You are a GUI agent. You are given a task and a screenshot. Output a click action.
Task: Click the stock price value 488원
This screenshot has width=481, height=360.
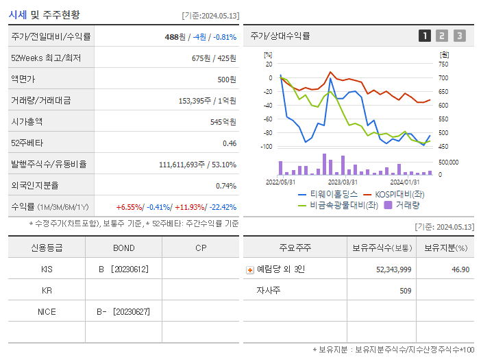pos(175,37)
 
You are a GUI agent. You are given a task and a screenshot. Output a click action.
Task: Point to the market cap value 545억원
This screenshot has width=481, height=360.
pos(223,122)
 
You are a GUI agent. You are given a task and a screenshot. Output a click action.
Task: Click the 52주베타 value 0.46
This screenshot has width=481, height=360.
pos(229,143)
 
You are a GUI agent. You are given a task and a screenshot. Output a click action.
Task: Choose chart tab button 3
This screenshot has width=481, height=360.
pos(459,36)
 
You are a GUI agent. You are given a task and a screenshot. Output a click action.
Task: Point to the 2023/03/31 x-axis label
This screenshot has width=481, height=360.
pos(343,182)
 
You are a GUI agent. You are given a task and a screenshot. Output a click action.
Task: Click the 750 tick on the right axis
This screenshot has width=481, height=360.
pos(444,64)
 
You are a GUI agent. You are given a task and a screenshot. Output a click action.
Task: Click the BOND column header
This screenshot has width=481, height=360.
pos(124,248)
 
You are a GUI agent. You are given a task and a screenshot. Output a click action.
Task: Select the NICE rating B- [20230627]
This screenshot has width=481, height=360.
pos(123,312)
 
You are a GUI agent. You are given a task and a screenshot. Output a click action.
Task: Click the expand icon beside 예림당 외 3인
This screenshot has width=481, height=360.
pos(250,270)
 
